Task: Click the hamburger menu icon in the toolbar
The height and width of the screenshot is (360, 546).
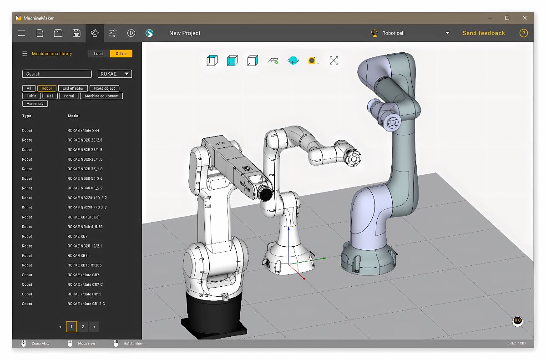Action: tap(21, 33)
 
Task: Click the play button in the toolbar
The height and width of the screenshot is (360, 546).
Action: tap(131, 33)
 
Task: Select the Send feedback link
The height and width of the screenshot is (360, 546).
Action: tap(483, 33)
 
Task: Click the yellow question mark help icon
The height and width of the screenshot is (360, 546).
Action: tap(524, 33)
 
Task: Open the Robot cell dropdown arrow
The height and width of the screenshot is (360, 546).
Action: tap(447, 33)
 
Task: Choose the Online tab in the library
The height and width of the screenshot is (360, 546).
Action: tap(121, 54)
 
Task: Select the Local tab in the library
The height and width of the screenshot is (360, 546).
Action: tap(99, 54)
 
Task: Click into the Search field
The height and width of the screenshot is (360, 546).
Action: tap(57, 74)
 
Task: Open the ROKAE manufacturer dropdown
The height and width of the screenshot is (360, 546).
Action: tap(115, 74)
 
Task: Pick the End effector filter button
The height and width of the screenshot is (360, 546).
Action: tap(73, 88)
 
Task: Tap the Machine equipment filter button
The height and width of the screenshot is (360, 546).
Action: tap(101, 96)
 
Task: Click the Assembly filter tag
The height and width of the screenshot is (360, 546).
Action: tap(35, 104)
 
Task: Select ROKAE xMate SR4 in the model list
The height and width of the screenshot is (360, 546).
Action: tap(83, 131)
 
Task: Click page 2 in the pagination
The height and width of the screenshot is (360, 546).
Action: tap(83, 327)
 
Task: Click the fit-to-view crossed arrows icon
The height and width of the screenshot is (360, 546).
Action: tap(334, 61)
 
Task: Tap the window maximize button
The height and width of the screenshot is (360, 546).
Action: tap(507, 18)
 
